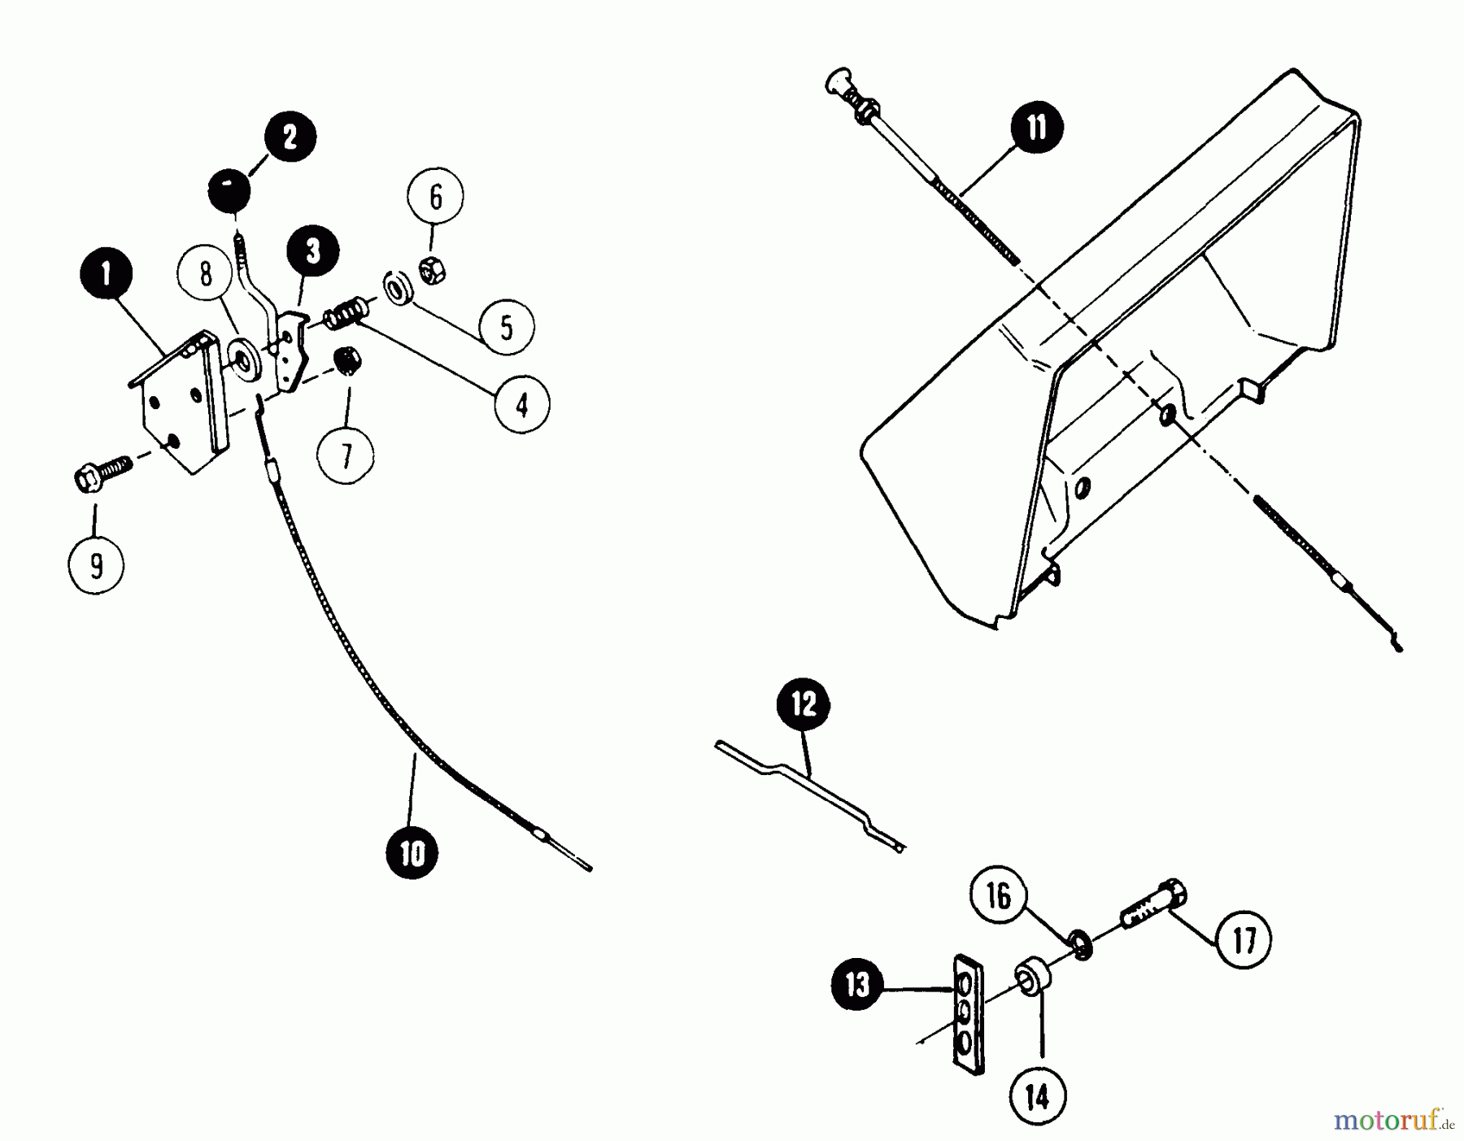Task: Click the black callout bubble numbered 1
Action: coord(106,274)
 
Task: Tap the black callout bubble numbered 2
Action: coord(290,136)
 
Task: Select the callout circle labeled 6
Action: coord(435,197)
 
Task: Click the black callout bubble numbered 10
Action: coord(413,853)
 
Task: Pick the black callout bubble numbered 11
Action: coord(1037,128)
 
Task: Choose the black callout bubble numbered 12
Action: coord(804,703)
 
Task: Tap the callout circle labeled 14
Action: coord(1038,1097)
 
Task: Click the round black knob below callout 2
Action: coord(229,193)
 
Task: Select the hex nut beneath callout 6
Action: coord(431,270)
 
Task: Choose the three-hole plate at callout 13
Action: coord(968,1014)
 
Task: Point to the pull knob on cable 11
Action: coord(839,83)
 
